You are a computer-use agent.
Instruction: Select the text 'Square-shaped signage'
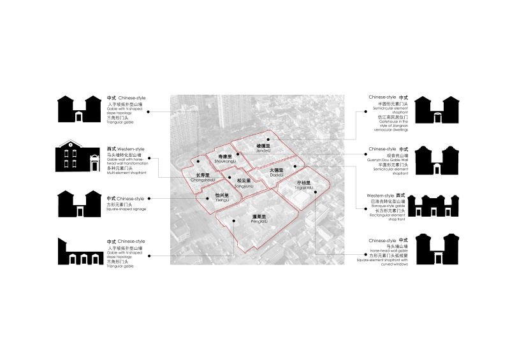tap(121, 210)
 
